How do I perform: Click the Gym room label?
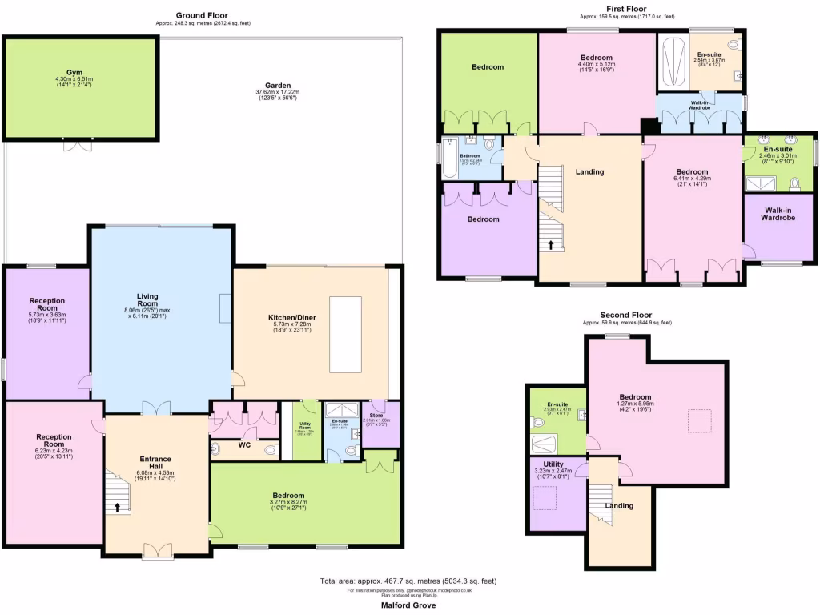74,72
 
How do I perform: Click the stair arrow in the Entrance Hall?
118,506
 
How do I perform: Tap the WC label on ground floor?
243,444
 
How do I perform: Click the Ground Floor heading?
202,15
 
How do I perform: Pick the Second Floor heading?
626,315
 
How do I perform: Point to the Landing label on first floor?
589,171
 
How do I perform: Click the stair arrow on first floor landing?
551,244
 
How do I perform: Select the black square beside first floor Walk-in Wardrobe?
648,127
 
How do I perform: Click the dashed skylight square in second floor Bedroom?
699,420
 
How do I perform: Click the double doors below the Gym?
78,144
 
